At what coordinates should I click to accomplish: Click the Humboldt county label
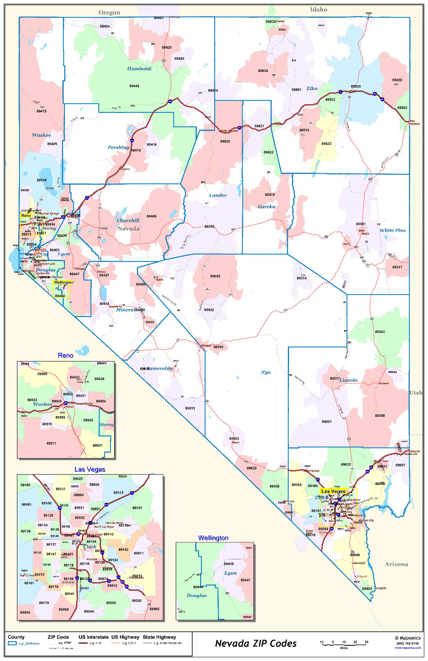(139, 69)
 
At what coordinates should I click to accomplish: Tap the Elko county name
(312, 88)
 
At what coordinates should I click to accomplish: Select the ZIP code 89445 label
(134, 86)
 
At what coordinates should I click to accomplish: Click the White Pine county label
(392, 230)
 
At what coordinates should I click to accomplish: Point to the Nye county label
(265, 372)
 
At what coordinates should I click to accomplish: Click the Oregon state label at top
(109, 13)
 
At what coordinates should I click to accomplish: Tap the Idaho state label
(318, 10)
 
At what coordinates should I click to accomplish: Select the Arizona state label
(396, 564)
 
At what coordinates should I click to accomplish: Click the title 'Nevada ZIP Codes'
(256, 643)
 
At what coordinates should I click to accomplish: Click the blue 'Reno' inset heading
(65, 355)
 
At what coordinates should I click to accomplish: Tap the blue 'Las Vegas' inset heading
(90, 469)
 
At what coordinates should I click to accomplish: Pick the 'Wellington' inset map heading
(213, 538)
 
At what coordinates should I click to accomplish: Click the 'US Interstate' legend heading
(93, 637)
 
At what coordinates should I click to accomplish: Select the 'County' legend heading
(16, 637)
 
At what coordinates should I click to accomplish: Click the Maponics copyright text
(407, 638)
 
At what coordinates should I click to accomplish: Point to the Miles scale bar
(344, 643)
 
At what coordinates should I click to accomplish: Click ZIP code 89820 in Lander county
(225, 141)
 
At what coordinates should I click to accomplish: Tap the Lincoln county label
(348, 380)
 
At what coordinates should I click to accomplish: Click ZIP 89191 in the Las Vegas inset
(137, 508)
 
